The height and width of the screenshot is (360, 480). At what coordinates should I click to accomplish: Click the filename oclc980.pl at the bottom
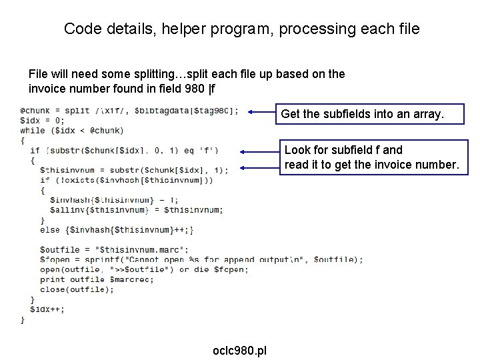click(x=239, y=351)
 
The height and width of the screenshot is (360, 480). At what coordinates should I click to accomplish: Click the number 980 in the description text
click(x=181, y=88)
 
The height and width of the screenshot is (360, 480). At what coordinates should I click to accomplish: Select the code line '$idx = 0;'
click(x=43, y=121)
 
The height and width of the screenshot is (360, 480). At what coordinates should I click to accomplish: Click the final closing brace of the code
click(x=23, y=319)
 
